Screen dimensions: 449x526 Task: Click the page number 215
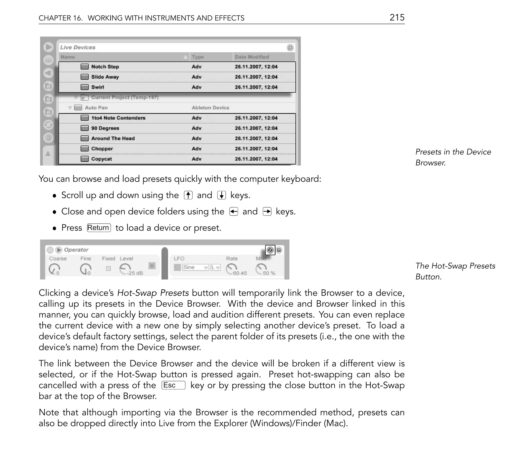(x=397, y=17)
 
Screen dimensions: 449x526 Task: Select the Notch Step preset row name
(x=105, y=67)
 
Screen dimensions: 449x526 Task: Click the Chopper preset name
(x=102, y=149)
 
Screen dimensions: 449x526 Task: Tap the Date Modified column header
(x=252, y=57)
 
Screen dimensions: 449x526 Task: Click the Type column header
(x=198, y=57)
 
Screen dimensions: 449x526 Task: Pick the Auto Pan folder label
(x=96, y=108)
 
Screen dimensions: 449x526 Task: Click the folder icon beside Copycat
(x=84, y=159)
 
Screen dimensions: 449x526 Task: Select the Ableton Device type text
(x=210, y=108)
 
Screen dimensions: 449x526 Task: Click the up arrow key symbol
(x=188, y=195)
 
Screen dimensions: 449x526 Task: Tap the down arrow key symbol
(x=221, y=195)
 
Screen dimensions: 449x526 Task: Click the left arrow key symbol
(x=233, y=212)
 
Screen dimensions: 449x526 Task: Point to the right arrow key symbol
(x=267, y=212)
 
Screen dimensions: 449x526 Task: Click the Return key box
(x=99, y=228)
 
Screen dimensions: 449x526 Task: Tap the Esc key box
(x=173, y=385)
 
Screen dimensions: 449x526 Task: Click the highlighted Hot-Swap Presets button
(x=270, y=250)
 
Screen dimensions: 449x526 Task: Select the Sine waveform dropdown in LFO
(x=195, y=267)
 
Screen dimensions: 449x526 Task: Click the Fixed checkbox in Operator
(x=108, y=268)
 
